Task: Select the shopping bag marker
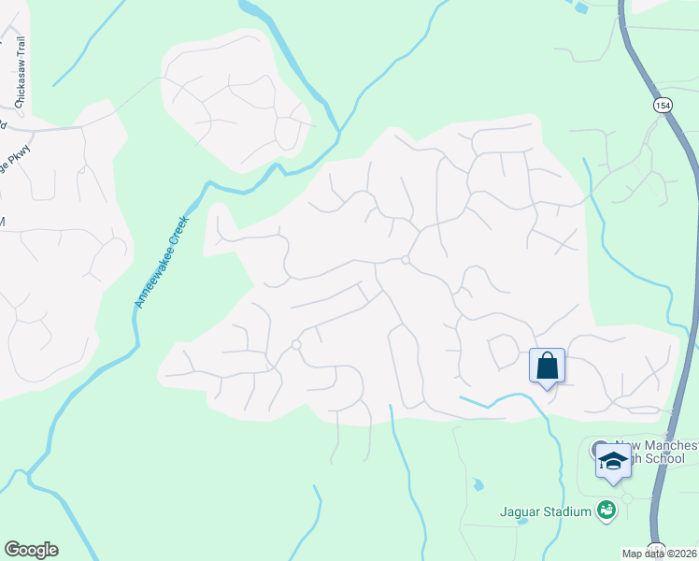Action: [x=548, y=366]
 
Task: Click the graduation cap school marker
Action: [x=613, y=461]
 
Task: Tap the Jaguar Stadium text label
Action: [x=545, y=511]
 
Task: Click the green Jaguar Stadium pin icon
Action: [x=606, y=511]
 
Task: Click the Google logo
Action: [x=31, y=550]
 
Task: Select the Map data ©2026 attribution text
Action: [x=660, y=554]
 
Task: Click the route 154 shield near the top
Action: [x=663, y=107]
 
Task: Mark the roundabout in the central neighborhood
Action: [x=405, y=260]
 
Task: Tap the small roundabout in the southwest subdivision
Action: [x=296, y=345]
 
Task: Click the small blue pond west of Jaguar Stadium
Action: [x=478, y=485]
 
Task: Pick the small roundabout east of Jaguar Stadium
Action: [x=627, y=497]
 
